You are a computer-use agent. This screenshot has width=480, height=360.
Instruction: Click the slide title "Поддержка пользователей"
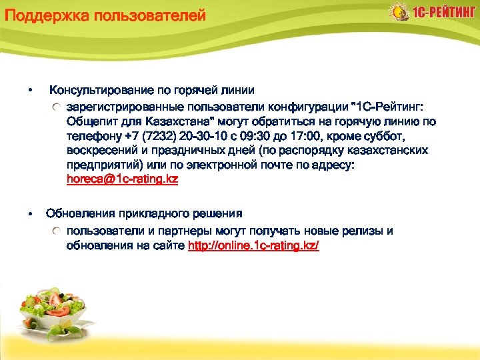105,15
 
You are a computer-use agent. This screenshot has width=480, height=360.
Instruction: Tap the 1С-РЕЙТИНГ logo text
443,13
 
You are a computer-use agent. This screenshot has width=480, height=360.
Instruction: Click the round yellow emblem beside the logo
399,12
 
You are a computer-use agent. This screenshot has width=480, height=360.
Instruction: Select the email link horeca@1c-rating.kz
122,180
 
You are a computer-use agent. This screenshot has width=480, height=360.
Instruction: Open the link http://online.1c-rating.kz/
254,246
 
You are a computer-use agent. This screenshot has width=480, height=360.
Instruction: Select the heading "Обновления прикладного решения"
144,214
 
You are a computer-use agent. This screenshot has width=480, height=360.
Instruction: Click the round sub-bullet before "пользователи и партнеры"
59,231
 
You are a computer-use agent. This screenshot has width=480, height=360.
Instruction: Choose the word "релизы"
359,231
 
